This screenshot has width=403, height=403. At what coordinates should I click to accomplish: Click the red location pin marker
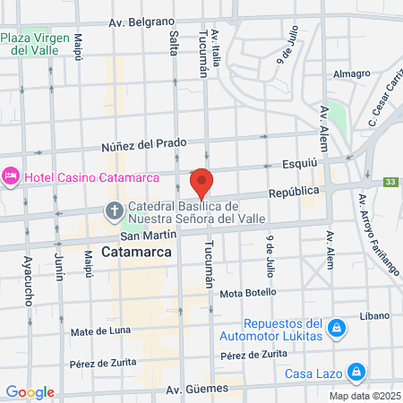click(201, 182)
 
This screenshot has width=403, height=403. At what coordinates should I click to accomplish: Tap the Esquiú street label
click(320, 163)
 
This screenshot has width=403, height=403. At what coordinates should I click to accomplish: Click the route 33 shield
click(390, 183)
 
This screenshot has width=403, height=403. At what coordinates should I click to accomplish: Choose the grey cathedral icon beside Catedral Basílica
click(115, 212)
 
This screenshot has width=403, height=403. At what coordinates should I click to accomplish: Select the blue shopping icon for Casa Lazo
click(356, 371)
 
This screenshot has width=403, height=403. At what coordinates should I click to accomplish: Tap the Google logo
click(30, 391)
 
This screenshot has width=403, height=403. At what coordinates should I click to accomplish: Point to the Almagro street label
click(350, 74)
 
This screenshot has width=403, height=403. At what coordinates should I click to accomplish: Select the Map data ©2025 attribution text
click(364, 396)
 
